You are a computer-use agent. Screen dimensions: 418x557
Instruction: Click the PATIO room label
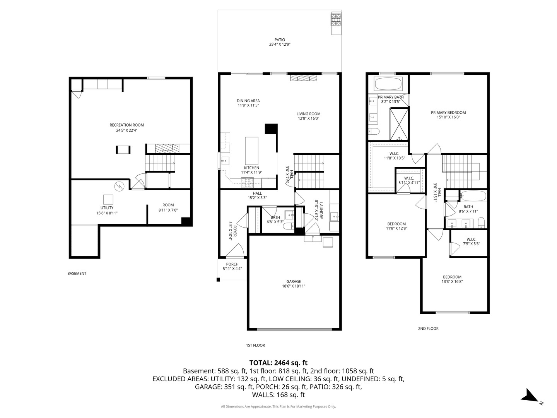click(280, 39)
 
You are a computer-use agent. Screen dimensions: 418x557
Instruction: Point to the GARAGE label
click(294, 281)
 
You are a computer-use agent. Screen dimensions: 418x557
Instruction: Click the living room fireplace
click(304, 78)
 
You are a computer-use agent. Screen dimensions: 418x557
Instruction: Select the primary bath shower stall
click(399, 124)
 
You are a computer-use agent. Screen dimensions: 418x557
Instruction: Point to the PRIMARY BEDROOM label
click(448, 113)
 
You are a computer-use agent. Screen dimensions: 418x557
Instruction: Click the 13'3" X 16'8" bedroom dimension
click(452, 282)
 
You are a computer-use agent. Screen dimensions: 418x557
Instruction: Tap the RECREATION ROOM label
click(126, 125)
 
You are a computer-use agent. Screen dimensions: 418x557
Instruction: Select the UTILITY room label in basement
click(107, 208)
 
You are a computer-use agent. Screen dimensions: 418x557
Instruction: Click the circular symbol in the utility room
click(119, 186)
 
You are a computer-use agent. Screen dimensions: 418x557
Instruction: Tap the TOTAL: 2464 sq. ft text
click(278, 363)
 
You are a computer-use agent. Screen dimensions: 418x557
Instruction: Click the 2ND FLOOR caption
click(428, 329)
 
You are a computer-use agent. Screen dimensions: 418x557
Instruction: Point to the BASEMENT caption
click(77, 273)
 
